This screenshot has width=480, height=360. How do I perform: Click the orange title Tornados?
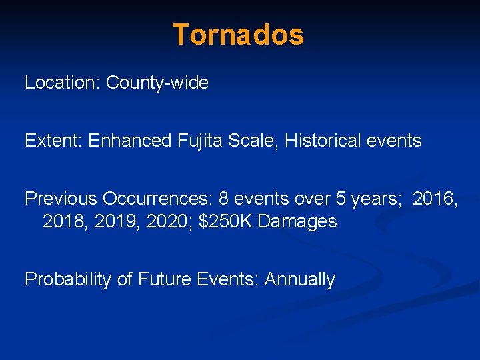238,34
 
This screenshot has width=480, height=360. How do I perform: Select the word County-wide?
157,83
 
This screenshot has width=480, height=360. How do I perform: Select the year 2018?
65,221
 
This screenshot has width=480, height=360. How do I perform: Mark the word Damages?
297,221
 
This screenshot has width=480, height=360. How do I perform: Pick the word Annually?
300,279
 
